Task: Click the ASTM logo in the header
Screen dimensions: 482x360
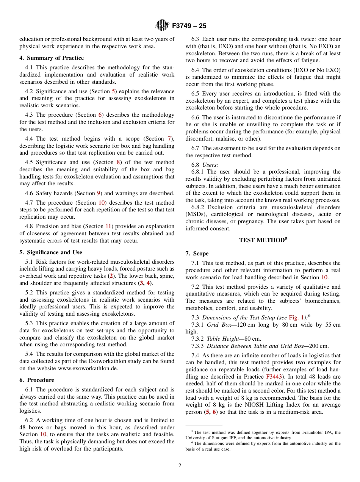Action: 162,26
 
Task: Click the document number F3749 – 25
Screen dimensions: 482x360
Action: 189,26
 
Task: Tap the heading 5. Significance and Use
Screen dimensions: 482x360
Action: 51,252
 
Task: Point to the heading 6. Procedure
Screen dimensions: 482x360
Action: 37,380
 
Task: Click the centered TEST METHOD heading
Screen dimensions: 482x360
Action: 263,240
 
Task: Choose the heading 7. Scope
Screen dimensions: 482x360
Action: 197,254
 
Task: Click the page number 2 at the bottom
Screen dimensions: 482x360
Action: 180,466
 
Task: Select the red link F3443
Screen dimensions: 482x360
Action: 274,377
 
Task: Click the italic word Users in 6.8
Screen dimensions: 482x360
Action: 210,165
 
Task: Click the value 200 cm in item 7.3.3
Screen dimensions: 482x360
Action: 318,346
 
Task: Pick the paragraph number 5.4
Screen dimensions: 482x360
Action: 29,354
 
